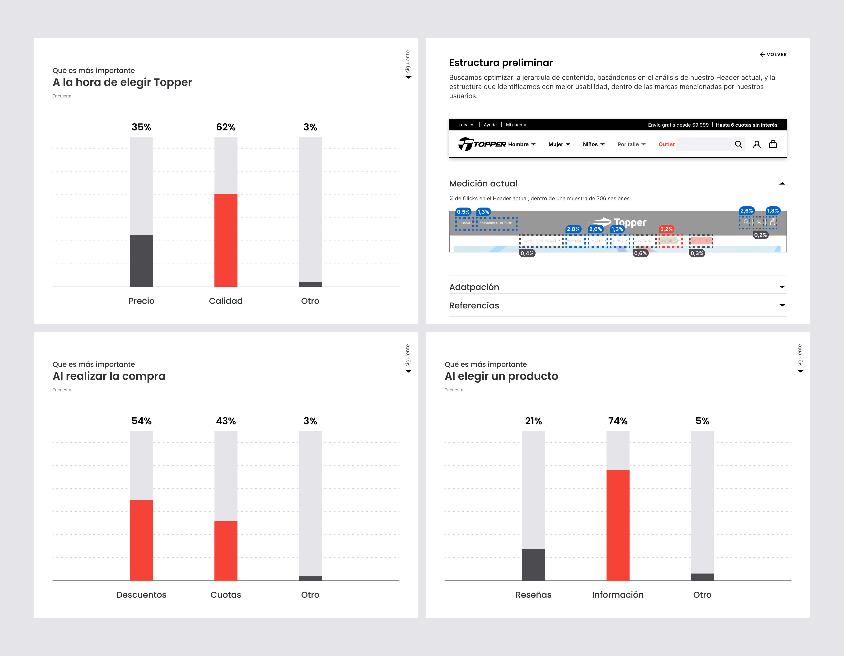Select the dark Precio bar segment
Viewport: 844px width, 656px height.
pyautogui.click(x=141, y=261)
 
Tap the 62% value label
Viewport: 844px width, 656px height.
pyautogui.click(x=226, y=127)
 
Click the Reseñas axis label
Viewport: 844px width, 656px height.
pyautogui.click(x=533, y=595)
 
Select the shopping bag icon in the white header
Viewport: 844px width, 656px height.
pyautogui.click(x=773, y=144)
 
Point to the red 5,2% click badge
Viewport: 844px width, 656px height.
pyautogui.click(x=666, y=229)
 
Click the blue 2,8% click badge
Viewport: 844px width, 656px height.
pyautogui.click(x=573, y=229)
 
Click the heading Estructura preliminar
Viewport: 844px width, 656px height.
pyautogui.click(x=501, y=63)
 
